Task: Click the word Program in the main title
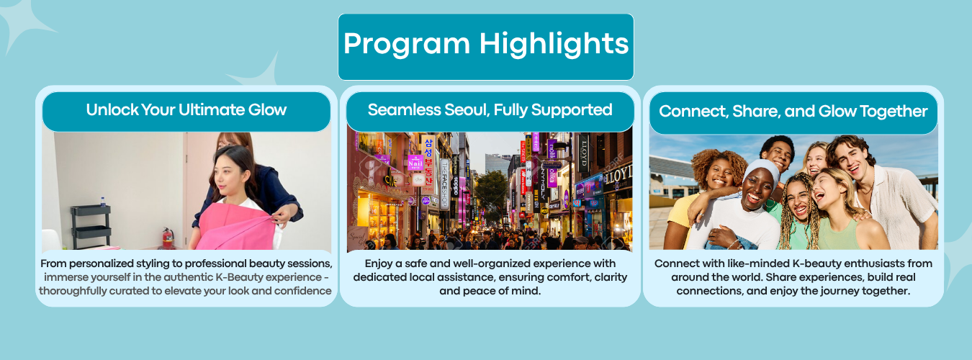pos(407,44)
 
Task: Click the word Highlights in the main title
pos(554,44)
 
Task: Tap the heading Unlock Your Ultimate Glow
pos(186,109)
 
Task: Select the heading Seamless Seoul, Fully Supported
pos(490,109)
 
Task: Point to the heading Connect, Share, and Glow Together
pos(793,112)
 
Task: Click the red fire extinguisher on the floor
pos(168,238)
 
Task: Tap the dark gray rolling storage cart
pos(91,226)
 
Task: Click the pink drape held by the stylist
pos(236,226)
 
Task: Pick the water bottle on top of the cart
pos(103,202)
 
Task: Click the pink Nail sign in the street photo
pos(415,162)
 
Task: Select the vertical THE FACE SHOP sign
pos(444,184)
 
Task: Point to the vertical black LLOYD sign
pos(584,154)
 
